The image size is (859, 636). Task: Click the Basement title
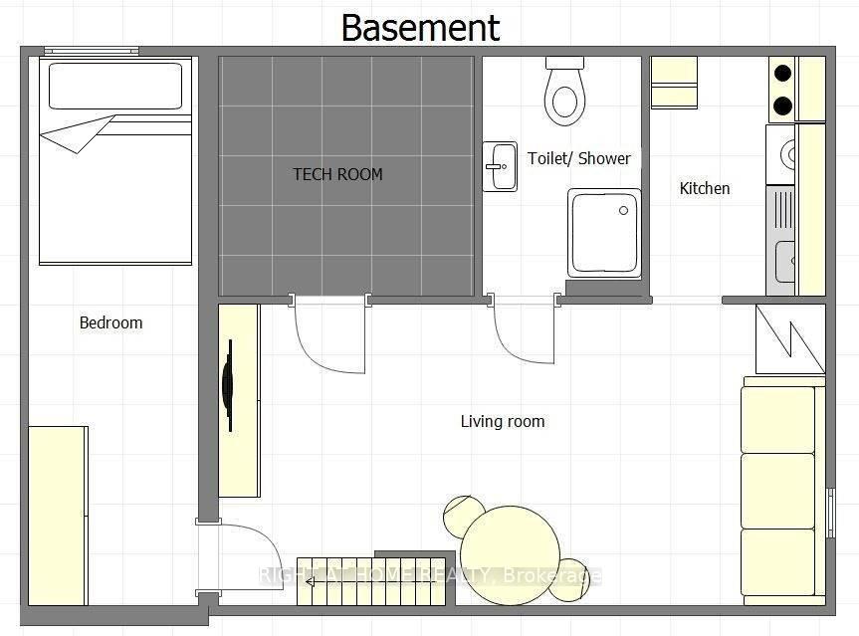pos(420,28)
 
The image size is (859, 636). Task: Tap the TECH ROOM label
pos(337,175)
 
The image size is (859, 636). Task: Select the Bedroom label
pos(111,322)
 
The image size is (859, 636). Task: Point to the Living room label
pos(503,421)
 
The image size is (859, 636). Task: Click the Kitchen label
pos(705,188)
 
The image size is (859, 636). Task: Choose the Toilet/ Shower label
pos(579,158)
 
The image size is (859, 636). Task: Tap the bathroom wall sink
pos(500,166)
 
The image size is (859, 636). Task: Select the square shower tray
pos(604,233)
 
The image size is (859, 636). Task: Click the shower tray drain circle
pos(623,210)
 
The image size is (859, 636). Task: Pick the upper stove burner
pos(782,73)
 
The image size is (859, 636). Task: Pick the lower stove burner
pos(782,106)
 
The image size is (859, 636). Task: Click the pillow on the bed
pos(115,86)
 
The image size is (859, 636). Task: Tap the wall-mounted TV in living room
pos(228,385)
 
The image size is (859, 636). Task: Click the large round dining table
pos(511,555)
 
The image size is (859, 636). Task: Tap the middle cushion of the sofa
pos(778,491)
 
